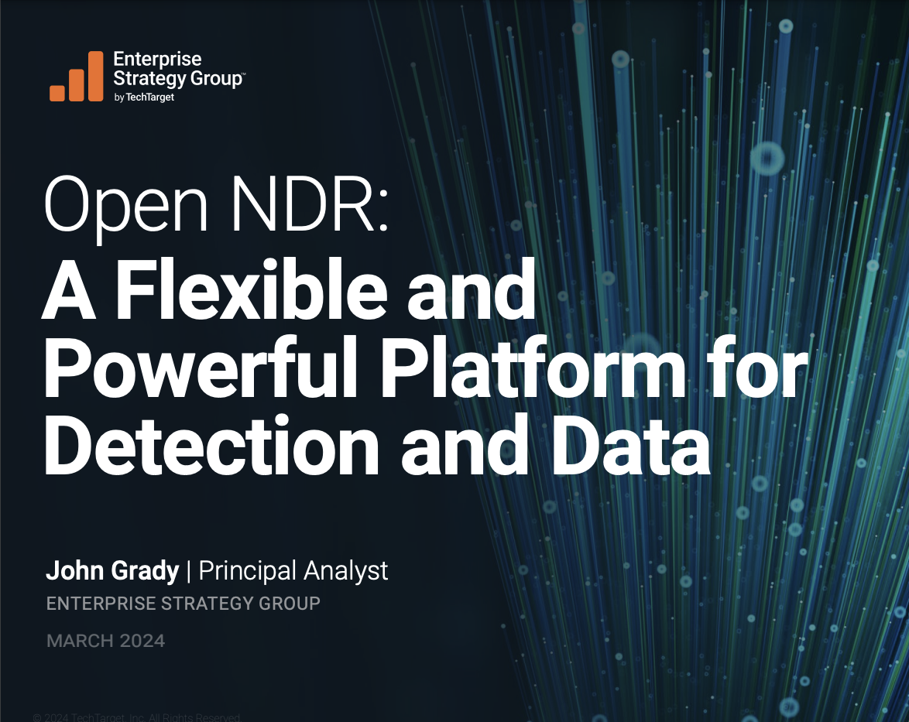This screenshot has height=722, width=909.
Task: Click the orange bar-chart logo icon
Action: coord(76,77)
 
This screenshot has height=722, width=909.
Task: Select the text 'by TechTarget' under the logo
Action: coord(143,97)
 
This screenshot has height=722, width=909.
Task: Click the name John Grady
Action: coord(112,571)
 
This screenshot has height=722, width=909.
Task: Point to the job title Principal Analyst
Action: coord(293,571)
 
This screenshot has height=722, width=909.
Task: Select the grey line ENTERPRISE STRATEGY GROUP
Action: coord(184,604)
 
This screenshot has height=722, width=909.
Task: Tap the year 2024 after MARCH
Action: coord(142,641)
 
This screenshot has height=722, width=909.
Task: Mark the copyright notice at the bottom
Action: coord(136,717)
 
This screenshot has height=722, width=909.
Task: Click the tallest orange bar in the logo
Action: coord(95,76)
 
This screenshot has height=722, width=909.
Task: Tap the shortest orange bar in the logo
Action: coord(57,93)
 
